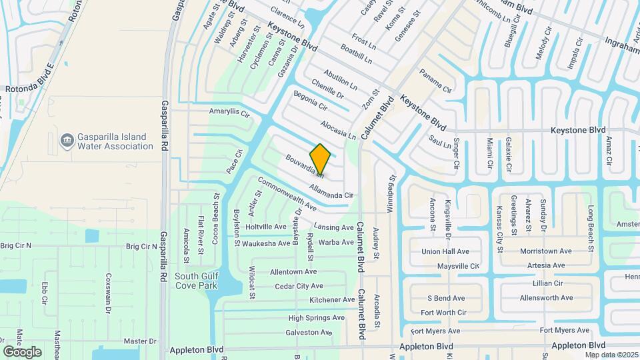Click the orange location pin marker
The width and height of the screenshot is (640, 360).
(x=320, y=159)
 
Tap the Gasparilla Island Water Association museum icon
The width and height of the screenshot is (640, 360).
(x=67, y=141)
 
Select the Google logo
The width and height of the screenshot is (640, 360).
(x=23, y=351)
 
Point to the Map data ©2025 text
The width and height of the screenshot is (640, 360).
(x=611, y=355)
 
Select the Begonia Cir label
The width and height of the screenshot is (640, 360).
(x=310, y=101)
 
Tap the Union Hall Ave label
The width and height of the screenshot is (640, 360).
(x=445, y=251)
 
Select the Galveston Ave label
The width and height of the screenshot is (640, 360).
(x=309, y=332)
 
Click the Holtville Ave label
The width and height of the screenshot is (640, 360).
(x=266, y=227)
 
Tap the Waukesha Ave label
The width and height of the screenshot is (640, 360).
(x=266, y=243)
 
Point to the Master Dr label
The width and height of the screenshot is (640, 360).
(x=140, y=341)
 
